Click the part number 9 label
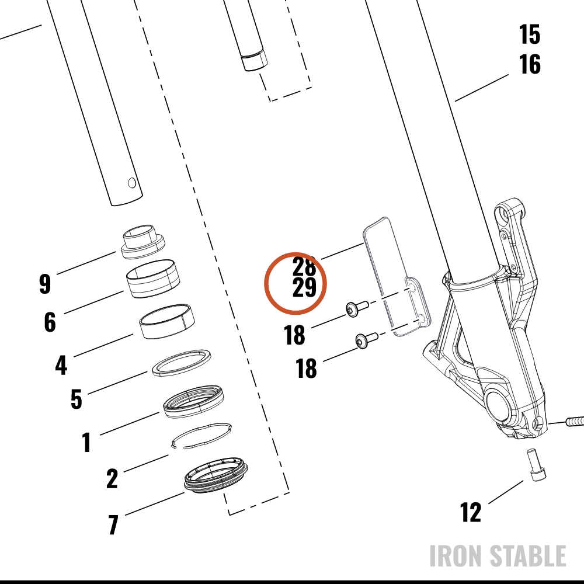[45, 284]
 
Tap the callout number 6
[50, 322]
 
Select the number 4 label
[61, 365]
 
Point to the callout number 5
[77, 399]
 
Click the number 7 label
[113, 524]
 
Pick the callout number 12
[470, 512]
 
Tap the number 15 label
[530, 34]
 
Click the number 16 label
[530, 64]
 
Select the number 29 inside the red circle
[304, 287]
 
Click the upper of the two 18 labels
[294, 335]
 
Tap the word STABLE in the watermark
[527, 556]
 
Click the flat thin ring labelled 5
[182, 363]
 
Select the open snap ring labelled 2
[201, 436]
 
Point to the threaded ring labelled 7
[216, 475]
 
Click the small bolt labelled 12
[537, 465]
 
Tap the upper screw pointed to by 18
[357, 309]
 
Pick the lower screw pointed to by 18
[367, 340]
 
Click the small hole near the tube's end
[132, 183]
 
